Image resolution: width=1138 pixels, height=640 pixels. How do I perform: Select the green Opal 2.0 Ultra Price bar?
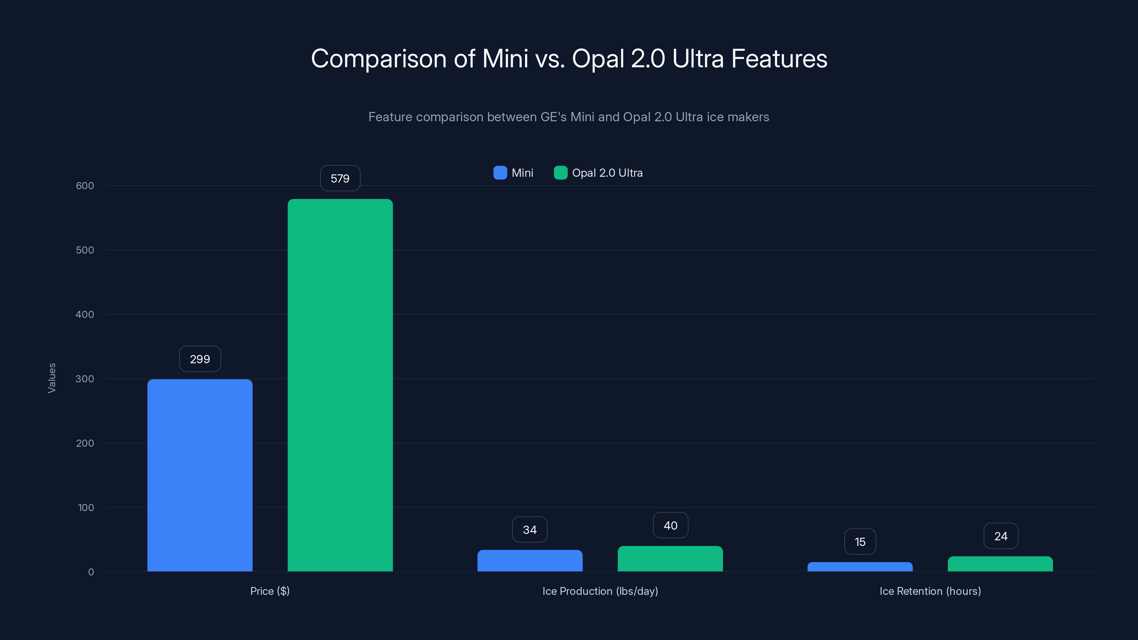340,385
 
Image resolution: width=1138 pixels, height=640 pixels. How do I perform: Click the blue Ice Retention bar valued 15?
860,567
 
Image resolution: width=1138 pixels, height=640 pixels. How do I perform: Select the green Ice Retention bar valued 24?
1000,564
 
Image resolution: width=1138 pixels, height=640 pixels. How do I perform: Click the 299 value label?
200,359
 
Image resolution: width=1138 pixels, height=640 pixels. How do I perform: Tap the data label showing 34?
530,529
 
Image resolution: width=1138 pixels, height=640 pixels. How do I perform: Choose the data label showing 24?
1001,536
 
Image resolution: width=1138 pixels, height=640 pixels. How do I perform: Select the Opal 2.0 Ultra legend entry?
598,173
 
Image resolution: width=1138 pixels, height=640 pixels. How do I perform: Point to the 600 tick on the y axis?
85,186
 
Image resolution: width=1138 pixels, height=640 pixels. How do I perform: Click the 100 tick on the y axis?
86,507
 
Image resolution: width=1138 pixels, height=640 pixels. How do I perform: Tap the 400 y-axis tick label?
85,314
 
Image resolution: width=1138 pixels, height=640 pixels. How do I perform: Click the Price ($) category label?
270,591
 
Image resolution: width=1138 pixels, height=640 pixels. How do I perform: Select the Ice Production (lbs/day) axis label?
600,591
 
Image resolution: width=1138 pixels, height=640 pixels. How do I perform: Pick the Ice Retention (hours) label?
930,591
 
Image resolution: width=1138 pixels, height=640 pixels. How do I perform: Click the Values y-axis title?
52,378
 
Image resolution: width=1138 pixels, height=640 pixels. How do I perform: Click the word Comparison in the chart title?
379,59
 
